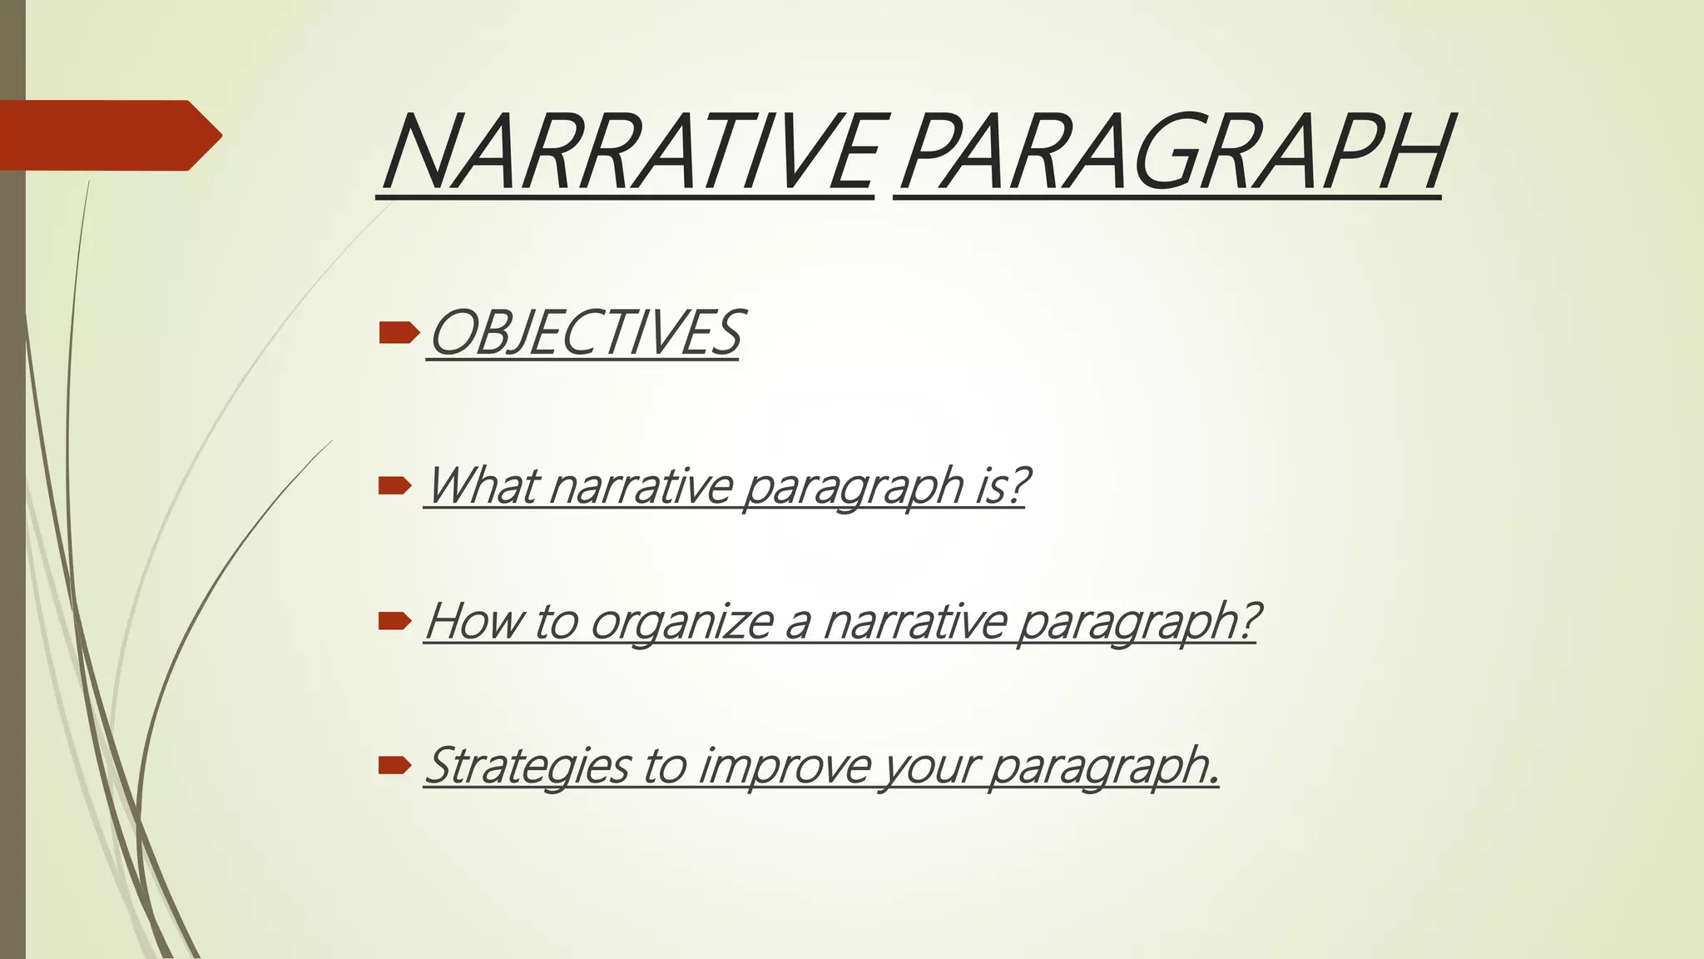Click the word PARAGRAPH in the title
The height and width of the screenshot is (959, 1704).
[1173, 153]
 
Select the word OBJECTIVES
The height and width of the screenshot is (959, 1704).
[584, 332]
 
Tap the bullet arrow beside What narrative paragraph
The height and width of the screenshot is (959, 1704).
[394, 485]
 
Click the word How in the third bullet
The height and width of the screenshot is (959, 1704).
[473, 621]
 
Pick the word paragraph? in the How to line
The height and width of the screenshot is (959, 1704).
[1139, 623]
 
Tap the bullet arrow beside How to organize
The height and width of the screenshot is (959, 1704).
[394, 621]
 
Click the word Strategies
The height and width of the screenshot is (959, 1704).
[528, 766]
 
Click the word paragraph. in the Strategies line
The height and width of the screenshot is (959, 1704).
[1104, 766]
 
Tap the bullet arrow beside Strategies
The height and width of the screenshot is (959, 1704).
[394, 765]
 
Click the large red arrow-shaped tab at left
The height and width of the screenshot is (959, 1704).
[108, 135]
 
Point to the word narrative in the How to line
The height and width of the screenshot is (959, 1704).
[915, 621]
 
